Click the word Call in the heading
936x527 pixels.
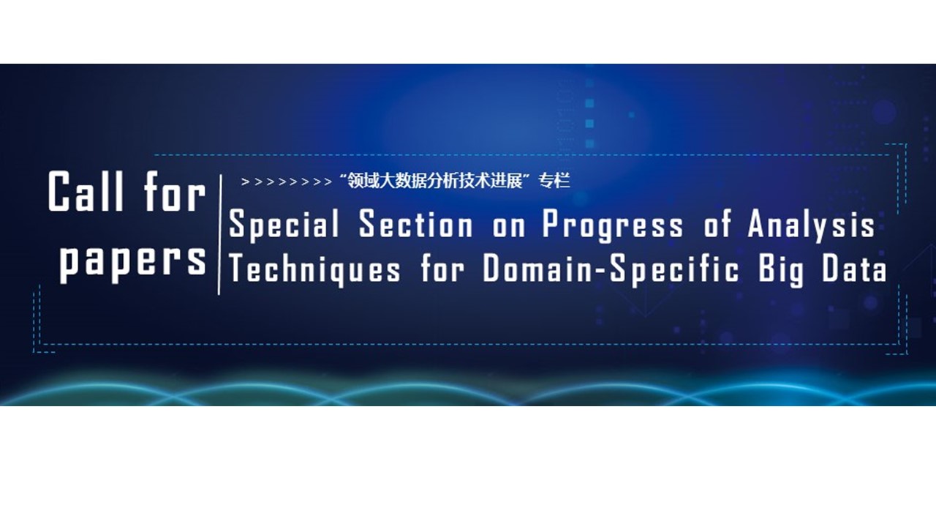[86, 191]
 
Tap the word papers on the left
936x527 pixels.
[133, 263]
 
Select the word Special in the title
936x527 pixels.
[284, 225]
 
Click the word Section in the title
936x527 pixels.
[416, 224]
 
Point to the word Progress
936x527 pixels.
[613, 226]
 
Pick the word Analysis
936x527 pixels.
[811, 226]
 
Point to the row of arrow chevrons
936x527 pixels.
[287, 182]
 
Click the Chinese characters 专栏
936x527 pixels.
[554, 182]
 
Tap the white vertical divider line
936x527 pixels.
[220, 235]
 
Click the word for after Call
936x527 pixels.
[175, 191]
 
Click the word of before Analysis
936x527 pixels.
[717, 224]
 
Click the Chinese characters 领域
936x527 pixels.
[363, 182]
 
